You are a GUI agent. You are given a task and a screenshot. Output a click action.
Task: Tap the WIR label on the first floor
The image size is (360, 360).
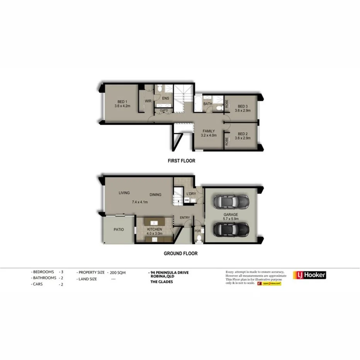pyautogui.click(x=148, y=101)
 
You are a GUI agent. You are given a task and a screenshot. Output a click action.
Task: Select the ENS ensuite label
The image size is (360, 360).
pyautogui.click(x=166, y=98)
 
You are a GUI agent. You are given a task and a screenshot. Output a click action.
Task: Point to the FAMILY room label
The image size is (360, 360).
pyautogui.click(x=209, y=131)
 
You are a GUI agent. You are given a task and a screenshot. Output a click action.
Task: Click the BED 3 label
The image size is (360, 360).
pyautogui.click(x=243, y=106)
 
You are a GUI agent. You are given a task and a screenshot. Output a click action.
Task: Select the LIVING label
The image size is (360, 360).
pyautogui.click(x=124, y=193)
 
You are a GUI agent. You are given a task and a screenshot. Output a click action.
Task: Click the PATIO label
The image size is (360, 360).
pyautogui.click(x=119, y=229)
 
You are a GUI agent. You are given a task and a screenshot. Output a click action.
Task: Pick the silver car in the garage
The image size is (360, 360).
pyautogui.click(x=230, y=202)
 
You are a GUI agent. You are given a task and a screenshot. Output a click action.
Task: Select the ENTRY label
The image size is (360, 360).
pyautogui.click(x=185, y=217)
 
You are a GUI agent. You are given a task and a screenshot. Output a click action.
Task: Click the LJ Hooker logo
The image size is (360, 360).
pyautogui.click(x=310, y=275)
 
